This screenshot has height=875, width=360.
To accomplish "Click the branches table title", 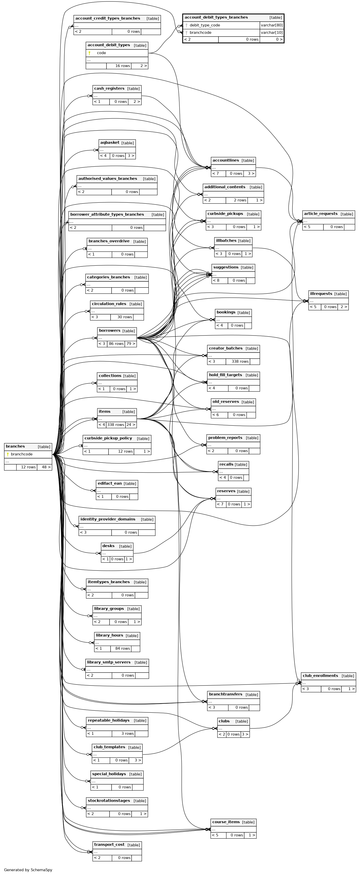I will pos(15,446).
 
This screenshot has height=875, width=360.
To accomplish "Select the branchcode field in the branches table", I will pos(22,454).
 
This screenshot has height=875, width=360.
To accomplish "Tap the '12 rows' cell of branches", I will pos(28,467).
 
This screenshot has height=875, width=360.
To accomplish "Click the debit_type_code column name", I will pos(205,25).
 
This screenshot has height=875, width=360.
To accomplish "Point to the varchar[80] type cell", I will pos(272,25).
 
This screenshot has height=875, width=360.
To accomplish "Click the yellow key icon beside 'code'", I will pos(89,53).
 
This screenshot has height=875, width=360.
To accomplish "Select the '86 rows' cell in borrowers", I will pos(116,344).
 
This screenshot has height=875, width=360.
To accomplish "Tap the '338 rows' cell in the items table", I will pos(116,425).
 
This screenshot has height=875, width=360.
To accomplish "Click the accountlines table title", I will pos(226,160).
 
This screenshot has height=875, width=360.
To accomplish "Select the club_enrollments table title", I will pos(320,676).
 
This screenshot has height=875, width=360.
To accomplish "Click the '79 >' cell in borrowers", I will pos(131,344).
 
